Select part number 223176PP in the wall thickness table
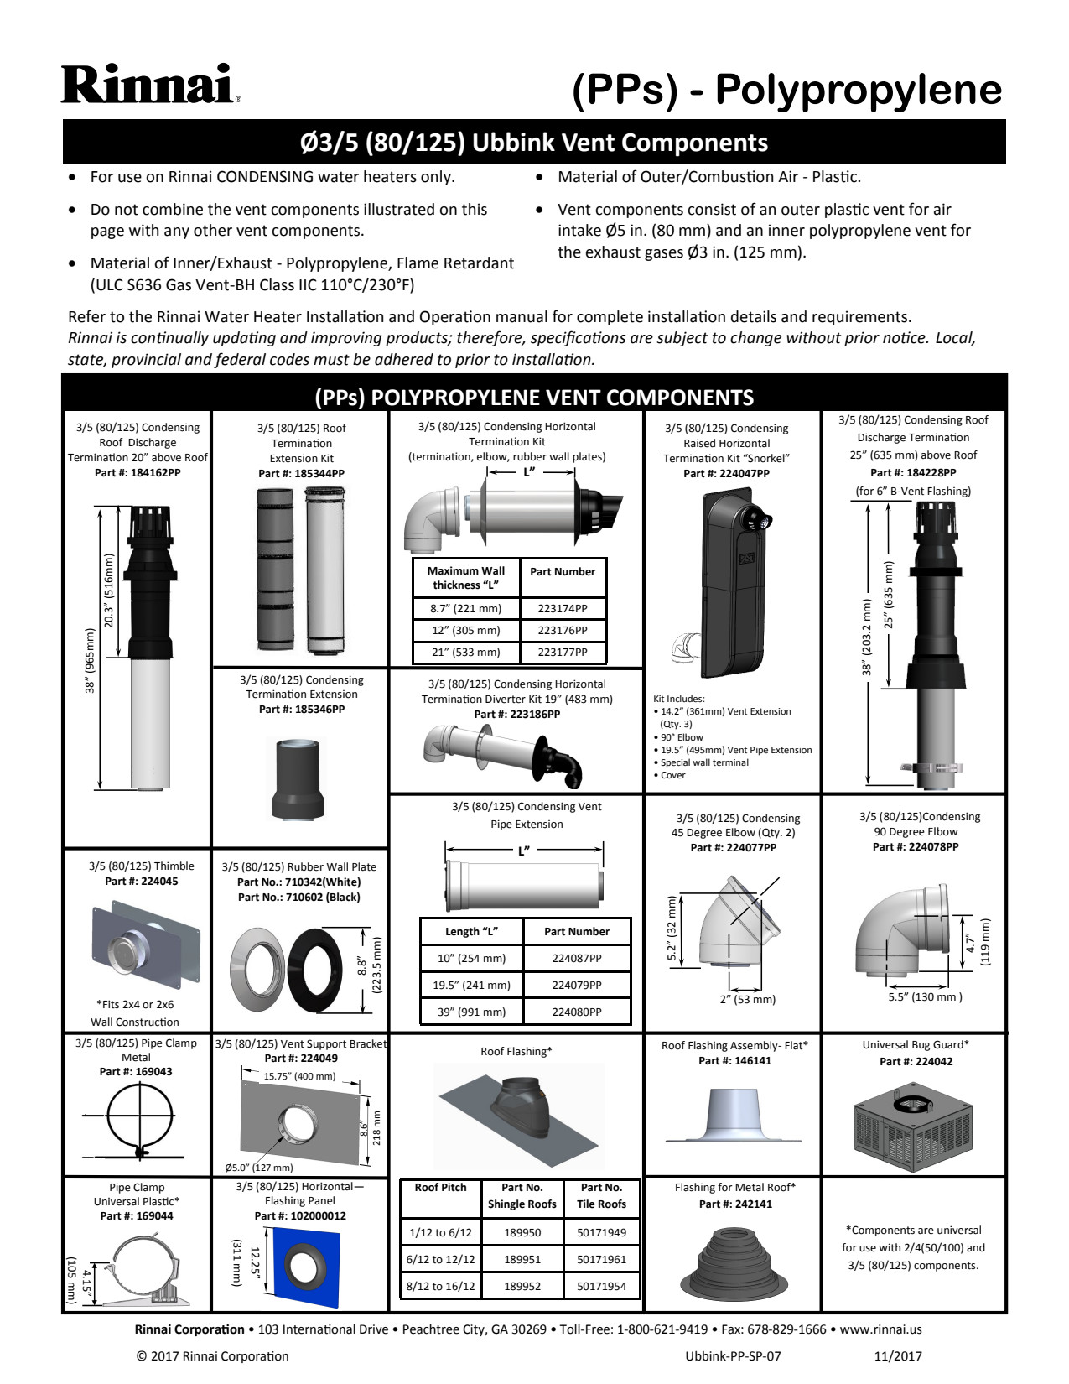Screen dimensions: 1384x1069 [562, 630]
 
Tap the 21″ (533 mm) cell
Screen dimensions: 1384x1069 [465, 652]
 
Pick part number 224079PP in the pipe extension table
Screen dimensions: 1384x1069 [576, 985]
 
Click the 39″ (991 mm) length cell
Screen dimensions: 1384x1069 [471, 1012]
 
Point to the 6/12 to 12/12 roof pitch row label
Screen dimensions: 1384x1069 [440, 1259]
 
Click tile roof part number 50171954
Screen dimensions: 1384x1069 [601, 1286]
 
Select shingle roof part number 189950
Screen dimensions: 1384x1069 [522, 1232]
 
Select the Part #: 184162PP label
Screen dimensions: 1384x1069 [138, 473]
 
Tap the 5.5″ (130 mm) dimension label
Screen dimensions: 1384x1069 [925, 997]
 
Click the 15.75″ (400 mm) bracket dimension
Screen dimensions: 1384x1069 [299, 1076]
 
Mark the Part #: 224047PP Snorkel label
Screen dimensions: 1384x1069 [726, 474]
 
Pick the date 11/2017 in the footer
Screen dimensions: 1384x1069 [897, 1356]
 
